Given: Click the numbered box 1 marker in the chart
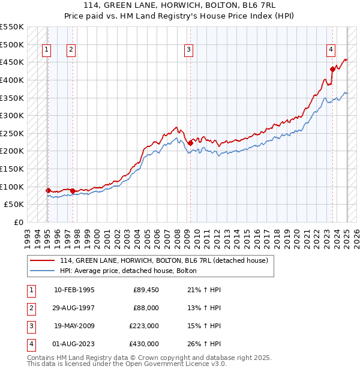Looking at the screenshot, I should click(x=46, y=50).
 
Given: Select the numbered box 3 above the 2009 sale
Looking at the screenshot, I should click(x=188, y=50).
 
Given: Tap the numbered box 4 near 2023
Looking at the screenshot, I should click(x=331, y=50).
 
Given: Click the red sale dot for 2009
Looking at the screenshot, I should click(x=190, y=143).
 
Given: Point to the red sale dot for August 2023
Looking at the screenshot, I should click(x=332, y=69).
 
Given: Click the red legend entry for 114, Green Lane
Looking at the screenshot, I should click(x=167, y=260).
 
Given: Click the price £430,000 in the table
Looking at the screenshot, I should click(x=145, y=344).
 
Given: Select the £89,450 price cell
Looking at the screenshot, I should click(x=146, y=290).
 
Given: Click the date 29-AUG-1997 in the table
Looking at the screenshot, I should click(x=73, y=308).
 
